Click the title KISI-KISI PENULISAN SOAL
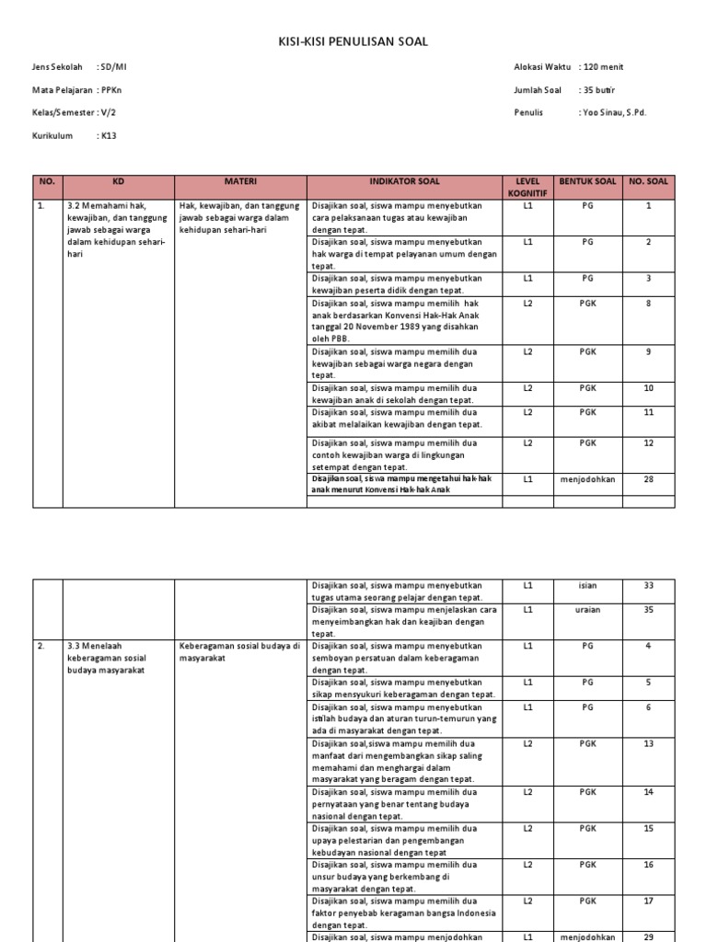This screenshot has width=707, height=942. tap(353, 41)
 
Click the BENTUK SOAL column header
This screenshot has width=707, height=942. tap(587, 182)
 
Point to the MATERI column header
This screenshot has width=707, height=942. tap(239, 182)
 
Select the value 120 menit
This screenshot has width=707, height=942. tap(602, 67)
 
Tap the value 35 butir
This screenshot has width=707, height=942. tap(598, 90)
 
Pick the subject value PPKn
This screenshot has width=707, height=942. tap(111, 90)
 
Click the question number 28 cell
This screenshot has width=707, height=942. tap(648, 479)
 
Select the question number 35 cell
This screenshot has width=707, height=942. tap(648, 610)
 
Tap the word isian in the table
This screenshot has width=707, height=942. tap(587, 585)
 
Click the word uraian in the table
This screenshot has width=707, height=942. tap(587, 610)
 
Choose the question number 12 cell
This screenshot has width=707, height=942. tap(648, 442)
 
